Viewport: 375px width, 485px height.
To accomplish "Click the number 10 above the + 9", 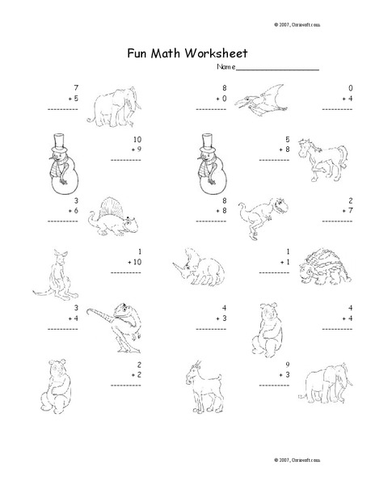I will coord(137,138).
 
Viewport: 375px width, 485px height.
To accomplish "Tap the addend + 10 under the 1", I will coord(134,263).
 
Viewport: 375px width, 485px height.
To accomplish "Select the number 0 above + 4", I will coord(351,87).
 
